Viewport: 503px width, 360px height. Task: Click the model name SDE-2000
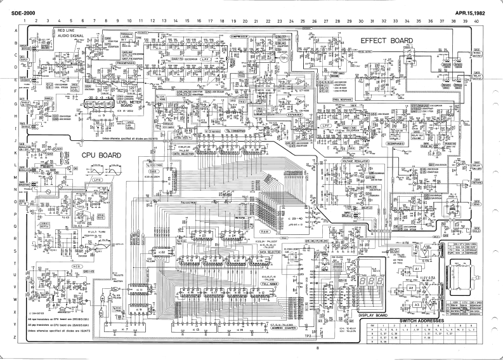pos(13,13)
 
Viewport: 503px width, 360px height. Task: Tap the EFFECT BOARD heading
pos(386,40)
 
